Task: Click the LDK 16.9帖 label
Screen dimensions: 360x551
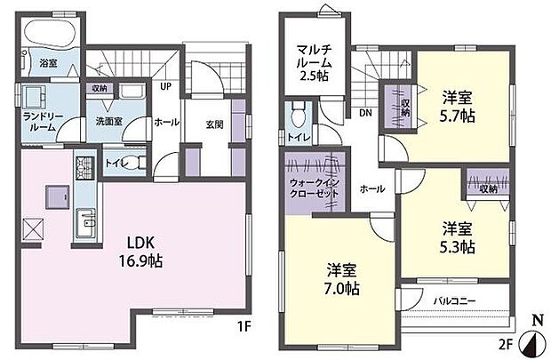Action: click(x=143, y=252)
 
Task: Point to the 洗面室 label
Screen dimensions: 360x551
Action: click(x=110, y=122)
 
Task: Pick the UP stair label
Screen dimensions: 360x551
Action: click(x=165, y=87)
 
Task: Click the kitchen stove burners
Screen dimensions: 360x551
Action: click(x=85, y=166)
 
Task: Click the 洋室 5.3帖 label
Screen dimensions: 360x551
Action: click(x=456, y=236)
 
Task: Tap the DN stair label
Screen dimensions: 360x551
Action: click(x=364, y=112)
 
